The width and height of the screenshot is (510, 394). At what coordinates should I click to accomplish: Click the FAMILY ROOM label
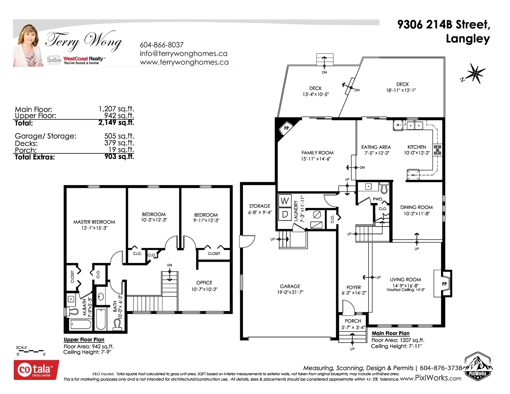(317, 153)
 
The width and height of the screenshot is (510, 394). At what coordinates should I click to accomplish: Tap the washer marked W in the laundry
(285, 201)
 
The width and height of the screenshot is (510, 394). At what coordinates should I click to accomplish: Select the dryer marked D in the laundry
(285, 214)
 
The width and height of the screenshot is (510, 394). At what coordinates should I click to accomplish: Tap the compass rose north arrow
(474, 74)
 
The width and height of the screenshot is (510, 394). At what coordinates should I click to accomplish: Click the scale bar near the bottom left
(31, 351)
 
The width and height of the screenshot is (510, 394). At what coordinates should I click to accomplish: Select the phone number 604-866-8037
(161, 45)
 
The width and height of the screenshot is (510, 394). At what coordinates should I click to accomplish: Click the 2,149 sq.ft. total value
(116, 122)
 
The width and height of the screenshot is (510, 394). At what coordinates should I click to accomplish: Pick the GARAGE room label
(290, 286)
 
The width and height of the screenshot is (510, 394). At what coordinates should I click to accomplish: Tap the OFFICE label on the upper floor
(204, 283)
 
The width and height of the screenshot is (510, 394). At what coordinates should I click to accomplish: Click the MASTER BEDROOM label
(94, 222)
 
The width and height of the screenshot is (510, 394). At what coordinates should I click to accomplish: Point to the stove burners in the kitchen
(437, 150)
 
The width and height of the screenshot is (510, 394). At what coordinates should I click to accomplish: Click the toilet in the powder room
(384, 188)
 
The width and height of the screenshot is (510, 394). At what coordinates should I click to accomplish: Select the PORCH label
(353, 321)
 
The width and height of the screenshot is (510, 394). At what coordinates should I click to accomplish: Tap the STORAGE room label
(260, 206)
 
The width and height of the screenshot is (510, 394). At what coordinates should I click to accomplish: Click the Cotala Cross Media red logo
(36, 370)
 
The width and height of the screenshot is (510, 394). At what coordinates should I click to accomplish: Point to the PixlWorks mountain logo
(478, 366)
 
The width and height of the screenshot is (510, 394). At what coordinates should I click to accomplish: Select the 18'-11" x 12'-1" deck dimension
(401, 90)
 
